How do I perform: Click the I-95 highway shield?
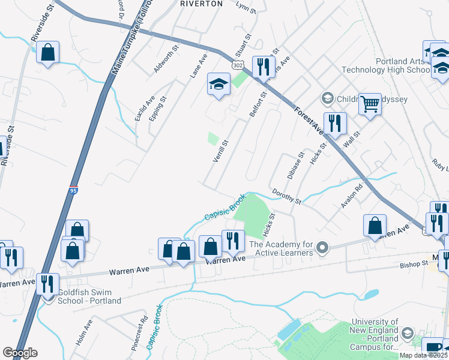point(73,190)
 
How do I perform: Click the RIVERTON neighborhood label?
point(201,4)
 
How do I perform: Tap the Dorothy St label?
point(286,197)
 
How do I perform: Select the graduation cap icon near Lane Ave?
point(218,85)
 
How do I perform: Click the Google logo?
point(20,353)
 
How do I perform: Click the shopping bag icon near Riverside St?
point(47,52)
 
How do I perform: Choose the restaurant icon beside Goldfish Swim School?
point(47,283)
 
